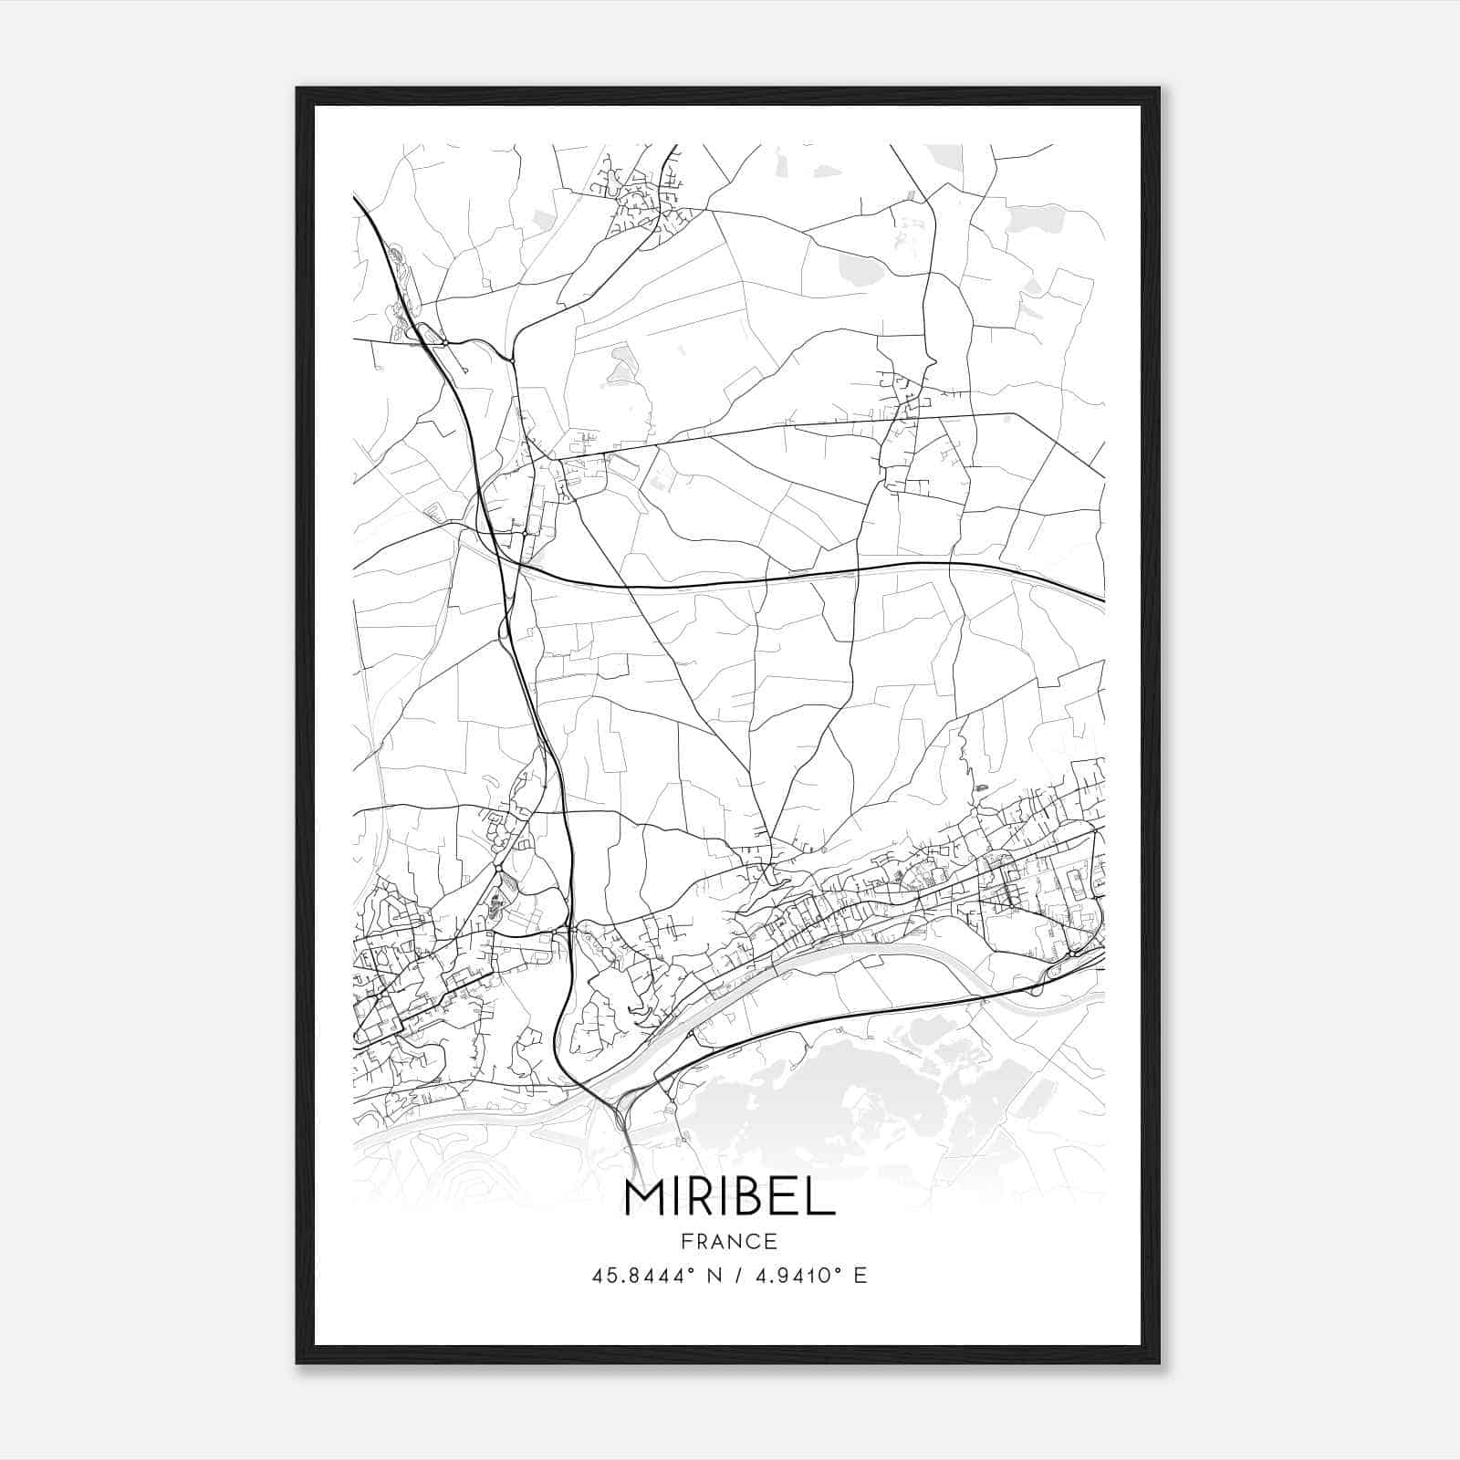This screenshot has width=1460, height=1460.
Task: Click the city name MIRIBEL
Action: [x=729, y=1198]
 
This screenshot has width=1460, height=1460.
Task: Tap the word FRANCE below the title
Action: [x=729, y=1242]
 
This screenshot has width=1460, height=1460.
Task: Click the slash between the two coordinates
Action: [x=737, y=1276]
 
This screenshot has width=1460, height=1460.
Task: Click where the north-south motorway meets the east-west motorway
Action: [x=516, y=565]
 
